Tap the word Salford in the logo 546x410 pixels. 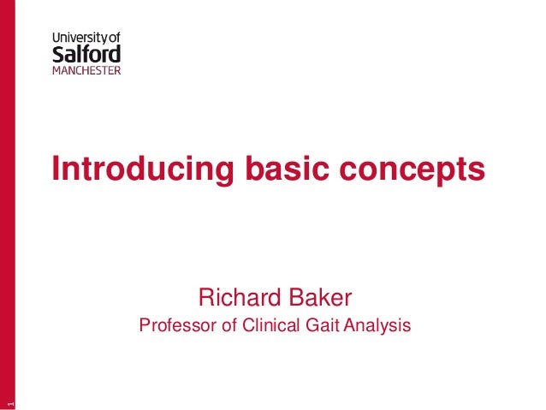[86, 53]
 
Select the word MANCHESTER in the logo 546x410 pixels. [86, 70]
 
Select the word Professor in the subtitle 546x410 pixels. [176, 325]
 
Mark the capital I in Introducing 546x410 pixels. [56, 168]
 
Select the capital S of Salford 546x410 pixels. [58, 53]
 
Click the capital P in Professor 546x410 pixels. [145, 325]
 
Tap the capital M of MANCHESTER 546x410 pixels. [57, 70]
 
